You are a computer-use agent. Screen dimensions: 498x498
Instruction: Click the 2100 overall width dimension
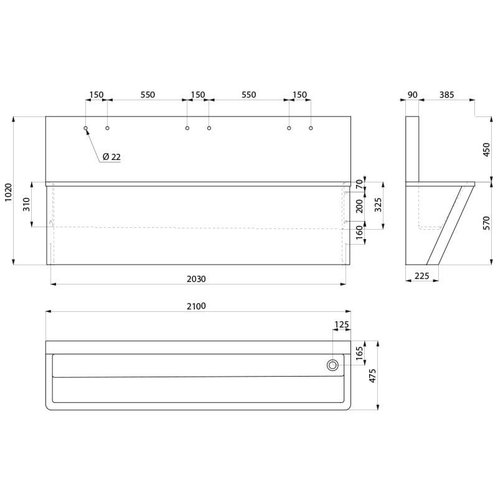tap(196, 306)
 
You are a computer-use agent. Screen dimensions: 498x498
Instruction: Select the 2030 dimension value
tap(196, 280)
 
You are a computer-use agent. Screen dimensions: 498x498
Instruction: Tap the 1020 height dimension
tap(8, 191)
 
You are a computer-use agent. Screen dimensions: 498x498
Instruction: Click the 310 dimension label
tap(26, 204)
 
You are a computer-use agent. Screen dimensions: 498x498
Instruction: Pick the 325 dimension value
tap(378, 205)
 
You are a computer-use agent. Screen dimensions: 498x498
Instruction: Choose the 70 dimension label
tap(359, 184)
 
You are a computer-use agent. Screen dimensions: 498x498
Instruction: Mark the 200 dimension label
tap(359, 206)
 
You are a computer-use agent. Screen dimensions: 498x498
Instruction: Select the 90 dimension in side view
tap(412, 95)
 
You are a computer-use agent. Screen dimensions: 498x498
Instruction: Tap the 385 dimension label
tap(446, 95)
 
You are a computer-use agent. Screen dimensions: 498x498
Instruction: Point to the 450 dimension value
tap(487, 150)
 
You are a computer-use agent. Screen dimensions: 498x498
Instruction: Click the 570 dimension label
tap(487, 223)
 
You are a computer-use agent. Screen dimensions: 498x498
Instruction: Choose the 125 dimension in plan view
tap(342, 324)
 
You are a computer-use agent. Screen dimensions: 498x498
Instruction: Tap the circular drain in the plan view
tap(334, 365)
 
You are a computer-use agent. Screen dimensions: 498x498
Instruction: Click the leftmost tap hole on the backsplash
tap(86, 128)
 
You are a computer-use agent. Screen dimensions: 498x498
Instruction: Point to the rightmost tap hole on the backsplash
tap(311, 128)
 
